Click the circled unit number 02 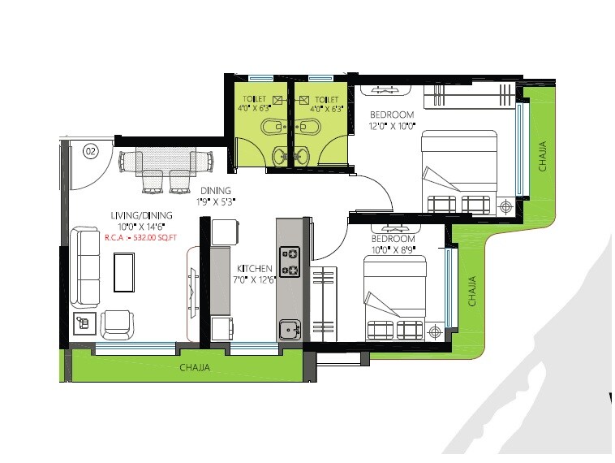[x=91, y=150]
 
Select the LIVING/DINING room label [x=139, y=215]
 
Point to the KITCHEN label [x=255, y=268]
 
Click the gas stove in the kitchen [x=290, y=262]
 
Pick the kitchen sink [x=289, y=330]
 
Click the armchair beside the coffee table [x=119, y=322]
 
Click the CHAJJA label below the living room [x=195, y=368]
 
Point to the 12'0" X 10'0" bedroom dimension [x=392, y=126]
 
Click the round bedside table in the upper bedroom [x=507, y=207]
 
